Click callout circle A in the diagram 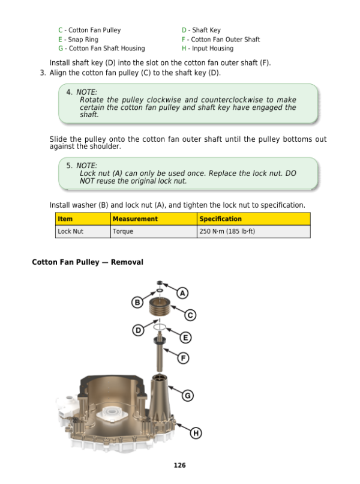pyautogui.click(x=183, y=293)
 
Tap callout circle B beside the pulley pyautogui.click(x=137, y=303)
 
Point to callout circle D pyautogui.click(x=138, y=330)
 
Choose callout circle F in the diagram pyautogui.click(x=184, y=358)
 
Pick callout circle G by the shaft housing pyautogui.click(x=187, y=395)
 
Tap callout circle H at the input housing pyautogui.click(x=196, y=433)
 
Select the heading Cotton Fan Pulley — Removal pyautogui.click(x=87, y=262)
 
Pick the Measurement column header pyautogui.click(x=135, y=219)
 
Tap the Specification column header pyautogui.click(x=220, y=219)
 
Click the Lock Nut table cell pyautogui.click(x=70, y=231)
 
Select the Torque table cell pyautogui.click(x=123, y=231)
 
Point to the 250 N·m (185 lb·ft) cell pyautogui.click(x=227, y=231)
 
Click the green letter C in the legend pyautogui.click(x=61, y=30)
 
